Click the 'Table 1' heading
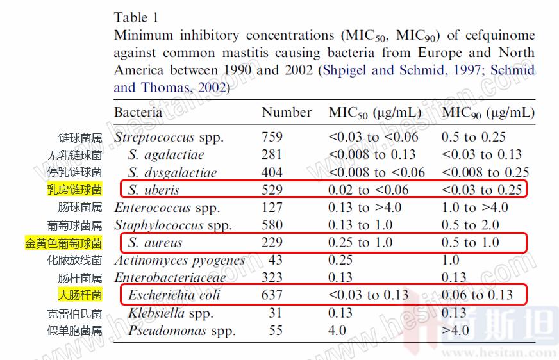[137, 17]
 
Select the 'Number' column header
[287, 113]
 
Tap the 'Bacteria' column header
[138, 113]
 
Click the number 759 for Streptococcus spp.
[272, 137]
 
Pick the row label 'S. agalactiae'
[165, 155]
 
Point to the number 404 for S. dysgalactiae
[272, 173]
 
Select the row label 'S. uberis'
[153, 190]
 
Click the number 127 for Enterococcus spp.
[272, 208]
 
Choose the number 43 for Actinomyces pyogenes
[276, 260]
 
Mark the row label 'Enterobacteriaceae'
[170, 278]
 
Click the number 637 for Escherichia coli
[272, 295]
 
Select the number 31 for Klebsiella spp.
[275, 313]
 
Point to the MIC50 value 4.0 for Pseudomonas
[337, 331]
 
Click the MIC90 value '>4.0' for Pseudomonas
[455, 331]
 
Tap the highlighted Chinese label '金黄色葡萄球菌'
[63, 243]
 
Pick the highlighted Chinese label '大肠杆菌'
[80, 295]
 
